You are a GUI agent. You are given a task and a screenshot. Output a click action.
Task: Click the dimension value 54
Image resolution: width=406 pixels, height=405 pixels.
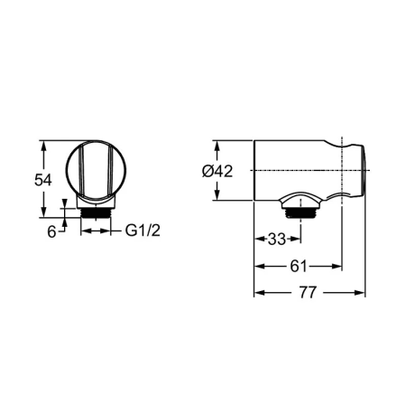43,180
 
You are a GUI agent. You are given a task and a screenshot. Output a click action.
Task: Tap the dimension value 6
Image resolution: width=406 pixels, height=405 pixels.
51,231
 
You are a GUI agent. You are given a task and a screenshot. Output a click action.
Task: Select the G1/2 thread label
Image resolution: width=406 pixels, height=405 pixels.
143,231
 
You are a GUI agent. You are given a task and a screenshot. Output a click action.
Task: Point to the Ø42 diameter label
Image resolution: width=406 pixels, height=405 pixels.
217,171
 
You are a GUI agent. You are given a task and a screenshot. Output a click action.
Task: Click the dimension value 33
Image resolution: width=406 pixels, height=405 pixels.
276,239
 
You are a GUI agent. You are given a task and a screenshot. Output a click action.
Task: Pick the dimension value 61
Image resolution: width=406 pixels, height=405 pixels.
298,266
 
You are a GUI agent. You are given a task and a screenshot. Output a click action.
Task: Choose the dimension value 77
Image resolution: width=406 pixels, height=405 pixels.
308,292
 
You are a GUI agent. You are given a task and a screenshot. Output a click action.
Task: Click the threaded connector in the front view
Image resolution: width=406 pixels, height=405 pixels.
96,213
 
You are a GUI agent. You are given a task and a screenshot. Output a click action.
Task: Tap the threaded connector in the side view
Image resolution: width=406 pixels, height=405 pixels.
300,213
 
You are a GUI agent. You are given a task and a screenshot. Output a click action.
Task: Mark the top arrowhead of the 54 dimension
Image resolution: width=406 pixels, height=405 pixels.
44,146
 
